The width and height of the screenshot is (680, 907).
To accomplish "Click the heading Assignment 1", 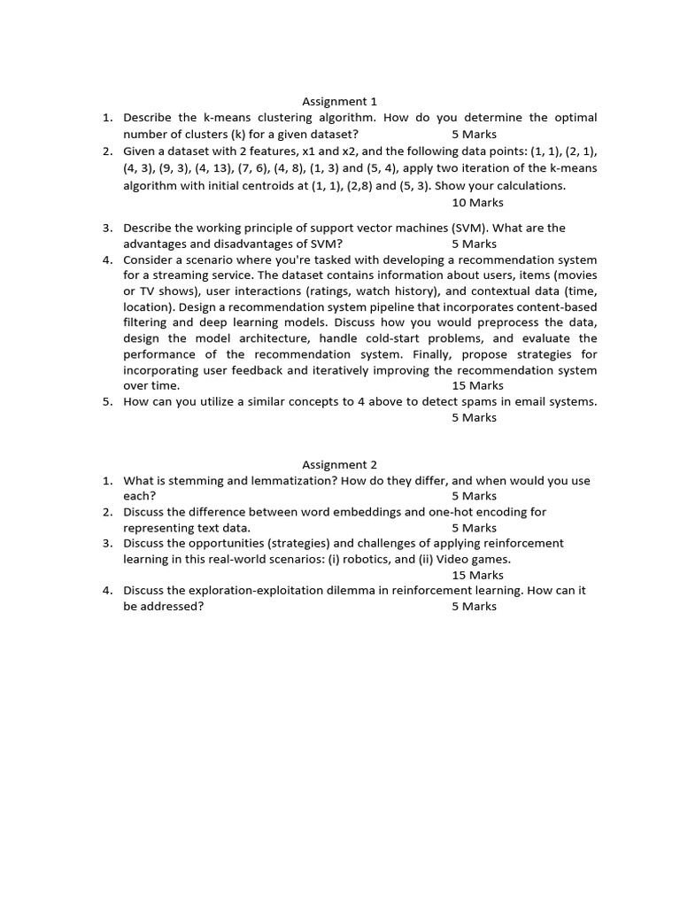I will tap(339, 102).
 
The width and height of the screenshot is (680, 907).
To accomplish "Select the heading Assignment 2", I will tap(339, 464).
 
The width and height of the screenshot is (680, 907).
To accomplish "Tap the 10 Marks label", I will tap(477, 203).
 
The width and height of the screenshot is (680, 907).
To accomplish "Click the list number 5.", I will tap(106, 401).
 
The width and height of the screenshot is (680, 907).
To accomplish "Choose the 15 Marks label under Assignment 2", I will tap(477, 575).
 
